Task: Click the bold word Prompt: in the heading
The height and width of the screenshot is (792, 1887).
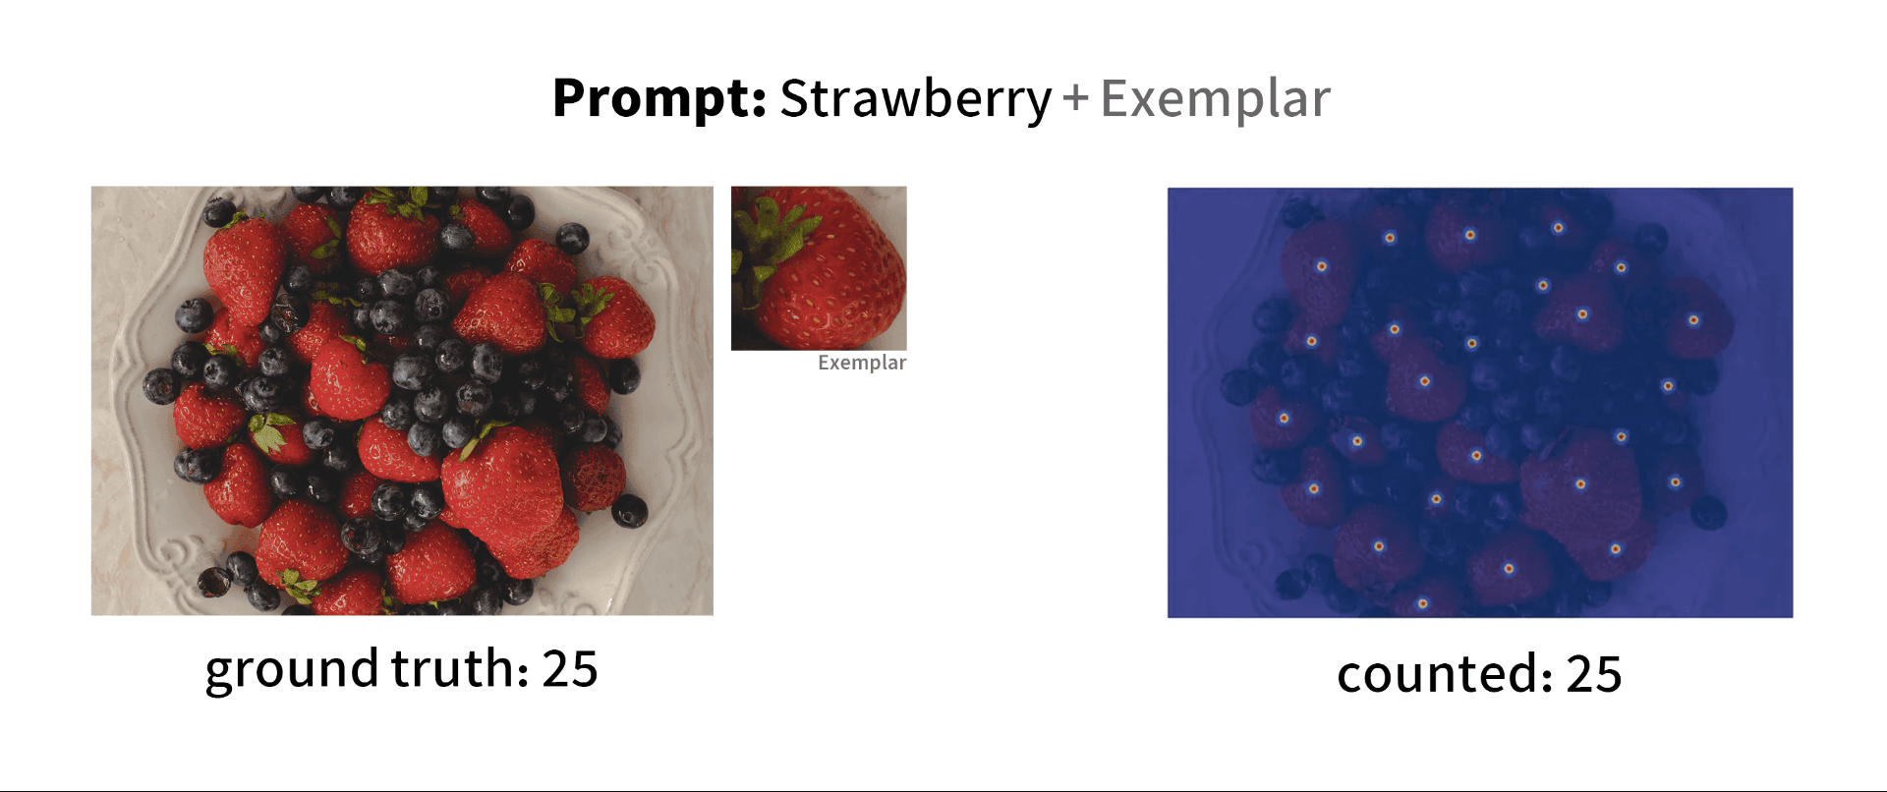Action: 658,98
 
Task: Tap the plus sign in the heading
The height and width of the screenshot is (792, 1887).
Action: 1076,98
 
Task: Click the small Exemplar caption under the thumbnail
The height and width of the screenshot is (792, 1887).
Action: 862,363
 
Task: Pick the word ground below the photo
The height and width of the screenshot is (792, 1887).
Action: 292,671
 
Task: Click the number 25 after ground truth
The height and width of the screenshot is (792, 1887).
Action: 570,669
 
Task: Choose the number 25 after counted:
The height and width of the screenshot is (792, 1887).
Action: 1594,675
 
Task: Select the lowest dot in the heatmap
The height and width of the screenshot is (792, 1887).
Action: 1422,603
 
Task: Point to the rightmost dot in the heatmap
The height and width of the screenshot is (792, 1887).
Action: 1693,320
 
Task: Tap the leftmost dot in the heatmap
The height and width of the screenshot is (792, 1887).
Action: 1284,419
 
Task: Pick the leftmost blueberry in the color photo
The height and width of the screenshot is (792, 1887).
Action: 160,385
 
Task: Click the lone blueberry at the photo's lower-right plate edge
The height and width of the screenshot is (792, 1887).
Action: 629,511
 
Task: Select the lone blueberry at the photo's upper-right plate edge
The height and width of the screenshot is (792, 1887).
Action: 572,238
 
